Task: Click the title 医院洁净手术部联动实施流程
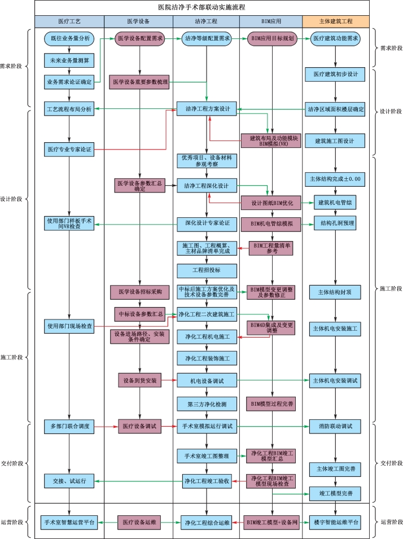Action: (x=201, y=7)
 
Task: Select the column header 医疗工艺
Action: (x=69, y=21)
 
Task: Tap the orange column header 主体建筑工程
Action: (x=336, y=21)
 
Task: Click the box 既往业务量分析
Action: (x=69, y=38)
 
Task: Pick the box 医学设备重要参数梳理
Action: (x=140, y=82)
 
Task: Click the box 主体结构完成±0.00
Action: (x=335, y=179)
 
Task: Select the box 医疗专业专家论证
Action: (x=69, y=150)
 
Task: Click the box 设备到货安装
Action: (x=140, y=380)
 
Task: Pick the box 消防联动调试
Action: (x=335, y=426)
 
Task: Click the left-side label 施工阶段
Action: (x=11, y=357)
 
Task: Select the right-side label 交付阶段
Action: (x=391, y=462)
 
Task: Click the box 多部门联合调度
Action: (x=69, y=426)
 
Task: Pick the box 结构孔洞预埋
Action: (x=335, y=223)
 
